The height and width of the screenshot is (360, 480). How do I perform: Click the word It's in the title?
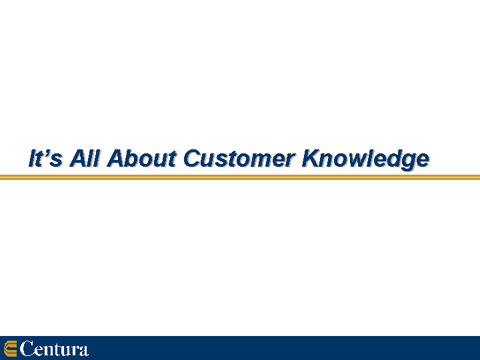45,158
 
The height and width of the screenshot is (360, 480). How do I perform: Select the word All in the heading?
85,158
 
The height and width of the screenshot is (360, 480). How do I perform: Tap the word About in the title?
142,158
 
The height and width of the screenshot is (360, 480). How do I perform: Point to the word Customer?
239,158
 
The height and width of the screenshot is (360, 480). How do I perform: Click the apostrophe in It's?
46,152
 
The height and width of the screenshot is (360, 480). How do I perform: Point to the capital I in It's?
33,158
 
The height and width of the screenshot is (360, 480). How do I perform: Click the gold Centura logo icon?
10,349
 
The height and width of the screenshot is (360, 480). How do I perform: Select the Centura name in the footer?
54,349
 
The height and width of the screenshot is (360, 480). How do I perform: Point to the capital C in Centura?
27,349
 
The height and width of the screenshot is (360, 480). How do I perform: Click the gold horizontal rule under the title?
240,177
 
